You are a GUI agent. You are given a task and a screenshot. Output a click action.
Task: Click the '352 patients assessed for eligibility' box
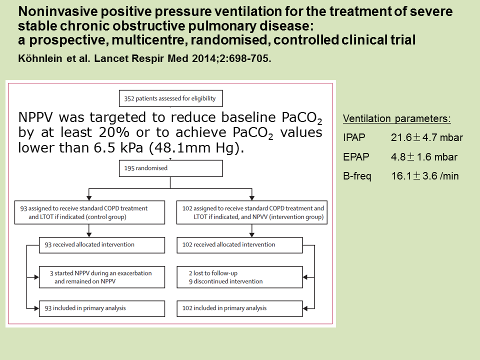click(x=171, y=98)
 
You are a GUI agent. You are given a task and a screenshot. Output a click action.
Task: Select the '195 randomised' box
click(x=171, y=168)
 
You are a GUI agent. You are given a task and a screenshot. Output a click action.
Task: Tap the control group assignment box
click(x=89, y=212)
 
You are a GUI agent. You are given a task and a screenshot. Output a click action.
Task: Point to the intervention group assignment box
click(x=252, y=212)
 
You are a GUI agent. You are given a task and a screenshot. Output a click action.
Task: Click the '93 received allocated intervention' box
click(x=102, y=245)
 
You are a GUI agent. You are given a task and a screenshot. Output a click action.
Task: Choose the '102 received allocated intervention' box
click(x=239, y=245)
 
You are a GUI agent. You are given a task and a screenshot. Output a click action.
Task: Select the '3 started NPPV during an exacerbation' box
click(x=102, y=277)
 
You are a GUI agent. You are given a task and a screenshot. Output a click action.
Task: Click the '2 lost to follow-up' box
click(x=239, y=277)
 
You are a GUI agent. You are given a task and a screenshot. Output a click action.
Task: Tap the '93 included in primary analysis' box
click(x=102, y=308)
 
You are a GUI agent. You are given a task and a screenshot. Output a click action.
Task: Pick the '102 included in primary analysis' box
click(x=239, y=308)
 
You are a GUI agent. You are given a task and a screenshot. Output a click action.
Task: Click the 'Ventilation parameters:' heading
click(x=396, y=119)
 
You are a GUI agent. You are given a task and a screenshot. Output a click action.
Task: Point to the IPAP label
click(x=354, y=137)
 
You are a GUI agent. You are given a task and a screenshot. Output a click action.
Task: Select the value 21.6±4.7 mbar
click(x=426, y=137)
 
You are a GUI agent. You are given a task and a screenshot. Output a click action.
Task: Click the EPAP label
click(x=356, y=156)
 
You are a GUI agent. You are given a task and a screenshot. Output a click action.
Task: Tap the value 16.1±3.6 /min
click(x=425, y=176)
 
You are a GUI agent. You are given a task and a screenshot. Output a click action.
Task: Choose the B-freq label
click(x=357, y=176)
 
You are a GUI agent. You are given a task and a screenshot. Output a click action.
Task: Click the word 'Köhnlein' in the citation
click(x=40, y=58)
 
